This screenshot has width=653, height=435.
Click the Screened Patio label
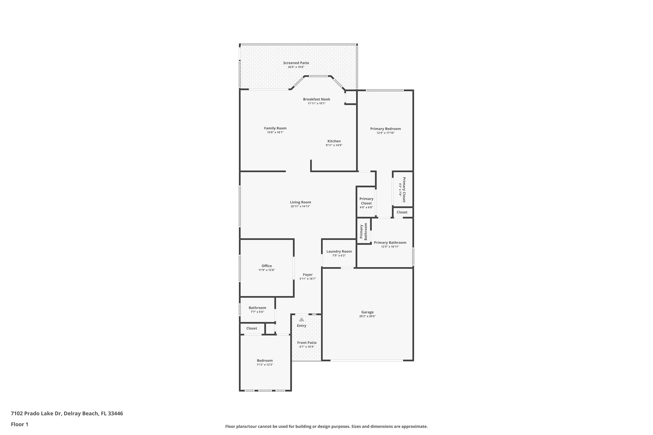click(x=296, y=63)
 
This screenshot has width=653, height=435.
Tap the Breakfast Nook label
click(x=316, y=99)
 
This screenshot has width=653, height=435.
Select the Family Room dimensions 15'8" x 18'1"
click(x=275, y=132)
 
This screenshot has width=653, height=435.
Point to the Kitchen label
click(x=334, y=141)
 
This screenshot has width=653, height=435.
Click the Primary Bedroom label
click(x=385, y=129)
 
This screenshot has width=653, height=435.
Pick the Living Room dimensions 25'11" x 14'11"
click(x=300, y=207)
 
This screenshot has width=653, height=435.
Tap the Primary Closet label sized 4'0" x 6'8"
click(x=366, y=201)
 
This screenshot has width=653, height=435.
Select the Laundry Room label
click(x=339, y=251)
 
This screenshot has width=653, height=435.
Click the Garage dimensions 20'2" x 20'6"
click(x=367, y=316)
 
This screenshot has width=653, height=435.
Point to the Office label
click(x=267, y=266)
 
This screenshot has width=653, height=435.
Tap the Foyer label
click(x=307, y=275)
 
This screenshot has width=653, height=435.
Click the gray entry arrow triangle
click(x=301, y=319)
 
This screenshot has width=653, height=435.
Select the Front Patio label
click(x=307, y=343)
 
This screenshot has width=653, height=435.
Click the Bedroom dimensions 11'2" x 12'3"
click(x=265, y=365)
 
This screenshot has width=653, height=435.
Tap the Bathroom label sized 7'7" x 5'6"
click(x=257, y=308)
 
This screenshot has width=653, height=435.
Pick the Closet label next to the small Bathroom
click(x=252, y=328)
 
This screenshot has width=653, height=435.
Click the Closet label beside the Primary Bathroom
click(x=402, y=212)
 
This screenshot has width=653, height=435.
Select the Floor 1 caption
click(x=19, y=424)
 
